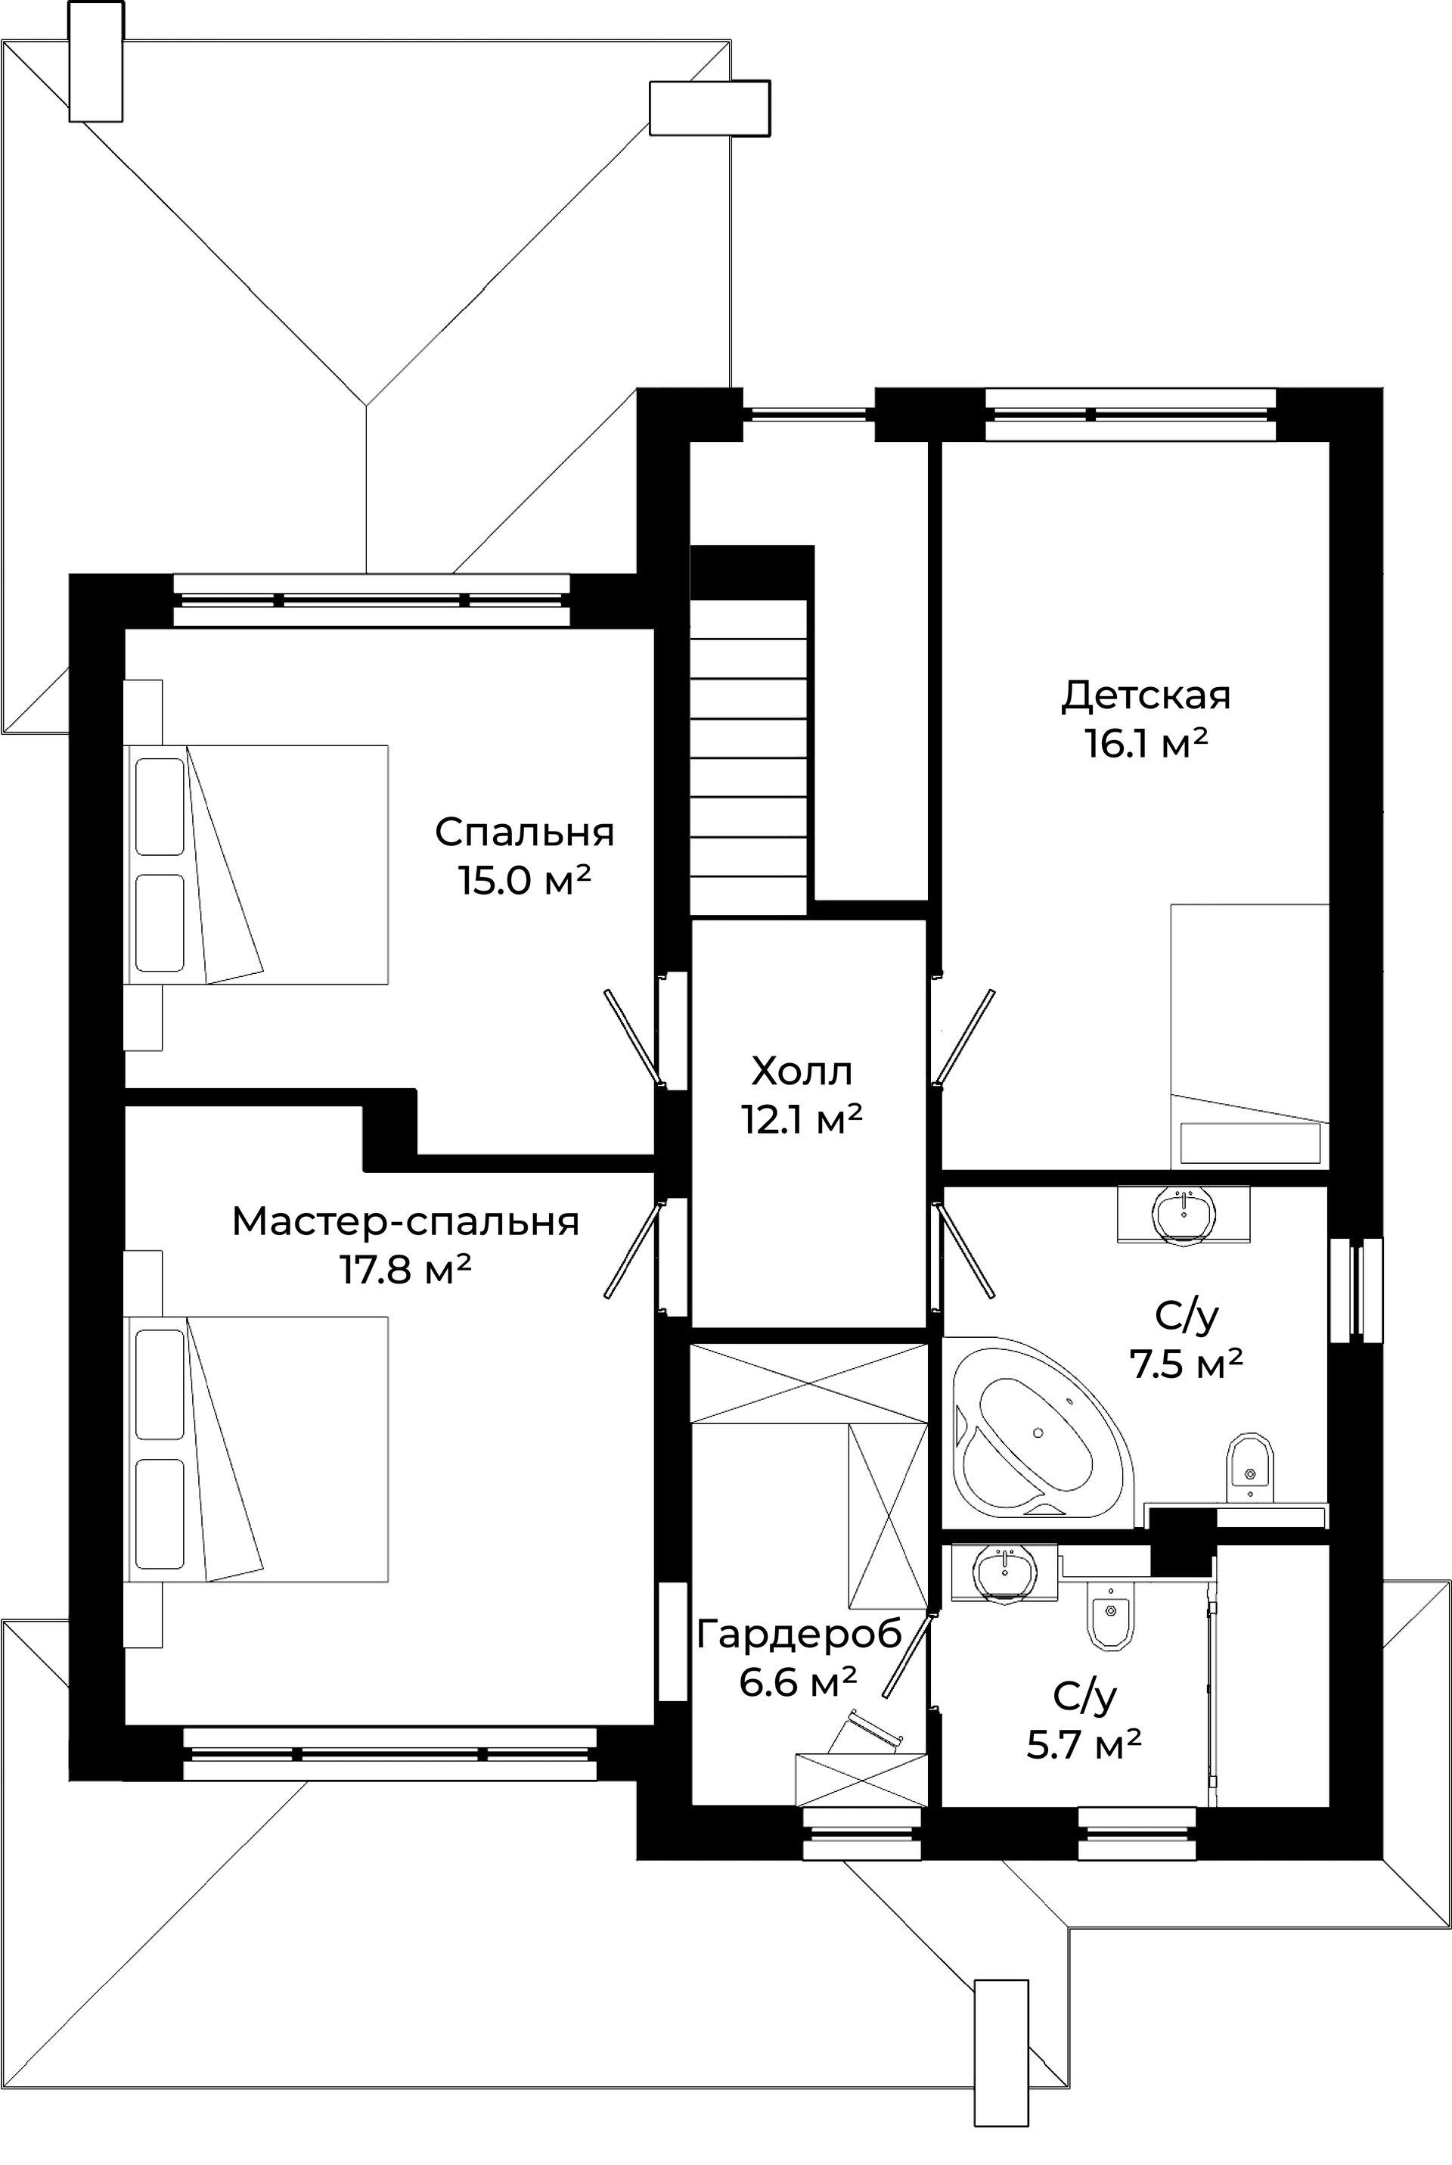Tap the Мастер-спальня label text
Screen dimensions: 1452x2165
coord(405,1221)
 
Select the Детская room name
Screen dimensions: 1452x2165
coord(1146,695)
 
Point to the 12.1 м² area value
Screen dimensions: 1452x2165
coord(802,1119)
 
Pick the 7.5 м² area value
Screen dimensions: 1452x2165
coord(1187,1364)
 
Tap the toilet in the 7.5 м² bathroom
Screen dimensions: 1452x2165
coord(1250,1467)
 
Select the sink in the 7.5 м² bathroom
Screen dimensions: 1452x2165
coord(1184,1212)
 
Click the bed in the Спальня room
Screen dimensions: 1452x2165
coord(256,864)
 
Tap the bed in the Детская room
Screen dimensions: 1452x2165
coord(1249,1036)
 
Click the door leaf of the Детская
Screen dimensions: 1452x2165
coord(965,1037)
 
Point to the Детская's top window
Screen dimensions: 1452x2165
coord(1131,414)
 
